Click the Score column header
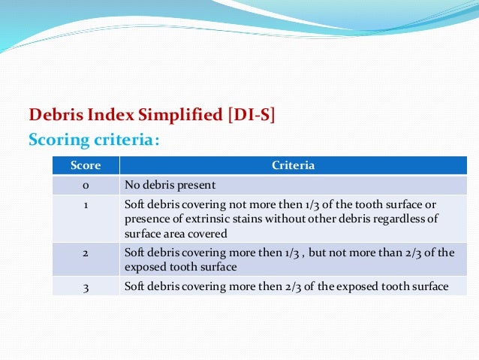(x=86, y=165)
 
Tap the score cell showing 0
(x=86, y=184)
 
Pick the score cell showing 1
(x=86, y=204)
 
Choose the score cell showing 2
(x=86, y=253)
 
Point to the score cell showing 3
(x=86, y=286)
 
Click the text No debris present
(x=170, y=184)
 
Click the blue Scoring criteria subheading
(x=93, y=140)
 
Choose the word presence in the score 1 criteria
(x=143, y=219)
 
